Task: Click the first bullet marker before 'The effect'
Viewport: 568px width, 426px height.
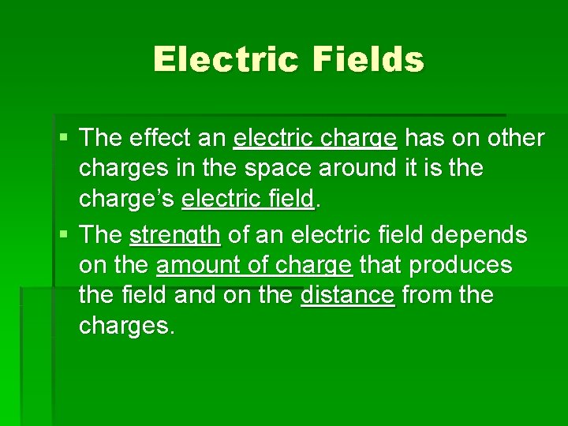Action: tap(64, 139)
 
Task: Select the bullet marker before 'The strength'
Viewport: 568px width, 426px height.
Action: tap(64, 235)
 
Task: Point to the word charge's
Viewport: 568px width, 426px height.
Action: tap(127, 199)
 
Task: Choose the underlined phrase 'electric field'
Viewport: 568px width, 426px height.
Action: tap(248, 199)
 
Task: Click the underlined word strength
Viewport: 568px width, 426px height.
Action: tap(175, 236)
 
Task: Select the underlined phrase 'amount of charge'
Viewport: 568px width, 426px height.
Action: tap(255, 266)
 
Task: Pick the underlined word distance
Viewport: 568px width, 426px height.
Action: tap(347, 296)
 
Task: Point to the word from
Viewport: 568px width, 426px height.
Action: tap(428, 296)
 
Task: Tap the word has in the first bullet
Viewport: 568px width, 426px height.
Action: tap(424, 139)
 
